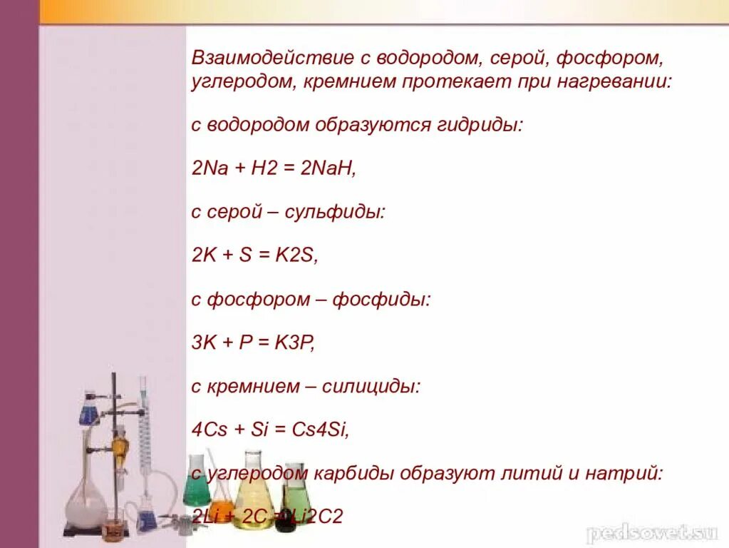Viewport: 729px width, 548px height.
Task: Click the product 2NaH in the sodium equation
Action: coord(327,168)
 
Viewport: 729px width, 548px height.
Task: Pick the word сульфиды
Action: coord(335,212)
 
